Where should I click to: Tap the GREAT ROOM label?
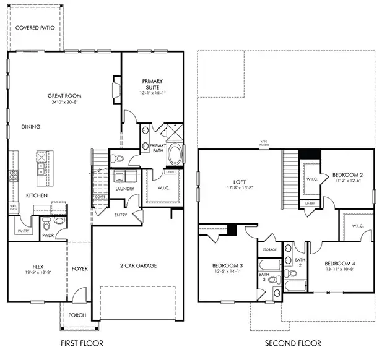pos(65,96)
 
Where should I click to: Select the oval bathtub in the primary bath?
pos(175,153)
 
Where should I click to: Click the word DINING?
pos(30,127)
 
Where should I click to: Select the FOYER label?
pos(79,268)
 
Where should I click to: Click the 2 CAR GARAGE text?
pos(137,265)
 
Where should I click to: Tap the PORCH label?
pos(77,315)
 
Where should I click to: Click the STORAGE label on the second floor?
pos(269,250)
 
